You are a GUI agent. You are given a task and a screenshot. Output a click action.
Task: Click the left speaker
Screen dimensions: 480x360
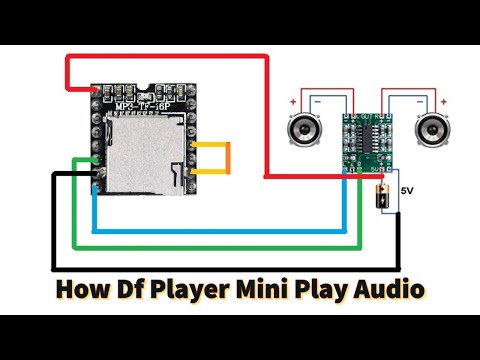[x=305, y=131]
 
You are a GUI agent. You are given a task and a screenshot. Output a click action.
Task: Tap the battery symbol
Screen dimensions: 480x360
[x=381, y=196]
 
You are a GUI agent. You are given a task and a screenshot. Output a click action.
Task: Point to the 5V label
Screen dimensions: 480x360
[x=407, y=189]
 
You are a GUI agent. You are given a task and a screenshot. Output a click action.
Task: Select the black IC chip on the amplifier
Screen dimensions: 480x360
[x=367, y=141]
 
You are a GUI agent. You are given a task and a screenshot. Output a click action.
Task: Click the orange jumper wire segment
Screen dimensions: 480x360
[x=228, y=164]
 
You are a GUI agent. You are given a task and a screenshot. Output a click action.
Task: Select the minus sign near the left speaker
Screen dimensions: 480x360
[x=317, y=102]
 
